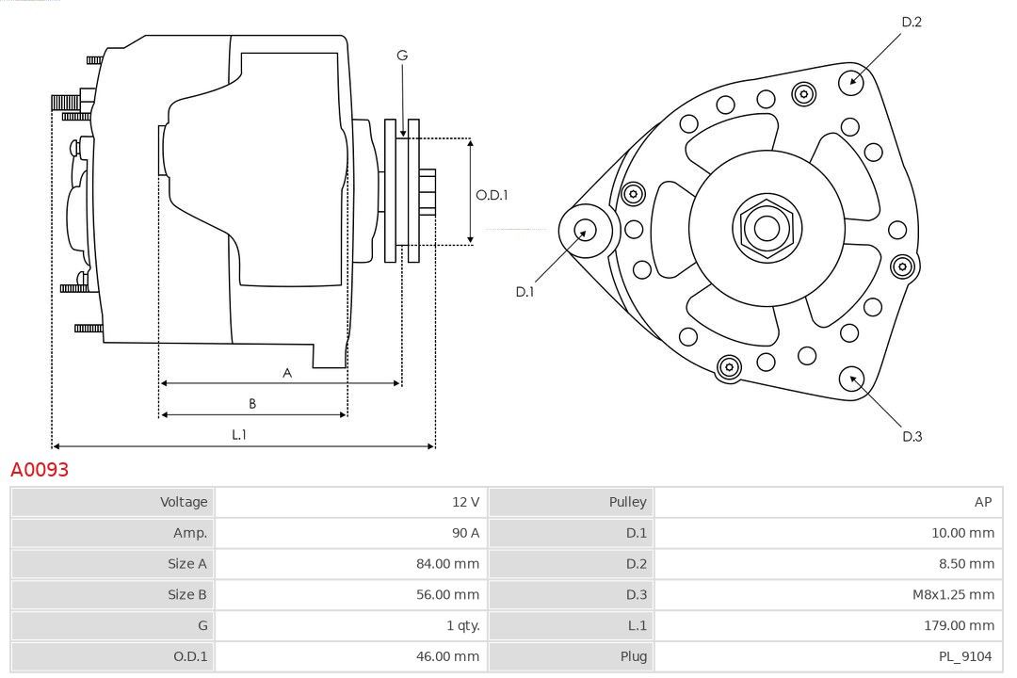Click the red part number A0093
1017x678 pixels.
[40, 469]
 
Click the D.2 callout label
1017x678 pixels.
[911, 22]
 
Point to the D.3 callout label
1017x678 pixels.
[912, 436]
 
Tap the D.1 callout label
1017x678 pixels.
[525, 292]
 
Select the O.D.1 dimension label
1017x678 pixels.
[492, 195]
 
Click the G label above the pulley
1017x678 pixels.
[402, 56]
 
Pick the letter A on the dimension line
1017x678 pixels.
[287, 373]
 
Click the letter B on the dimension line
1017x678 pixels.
[252, 404]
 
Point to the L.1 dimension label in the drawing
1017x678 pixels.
[239, 434]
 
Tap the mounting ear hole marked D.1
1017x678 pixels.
[586, 229]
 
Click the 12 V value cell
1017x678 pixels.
[465, 502]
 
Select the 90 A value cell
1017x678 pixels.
[465, 533]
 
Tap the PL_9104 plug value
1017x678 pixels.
[966, 656]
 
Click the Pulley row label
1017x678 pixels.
[627, 502]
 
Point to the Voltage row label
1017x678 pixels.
[184, 502]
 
